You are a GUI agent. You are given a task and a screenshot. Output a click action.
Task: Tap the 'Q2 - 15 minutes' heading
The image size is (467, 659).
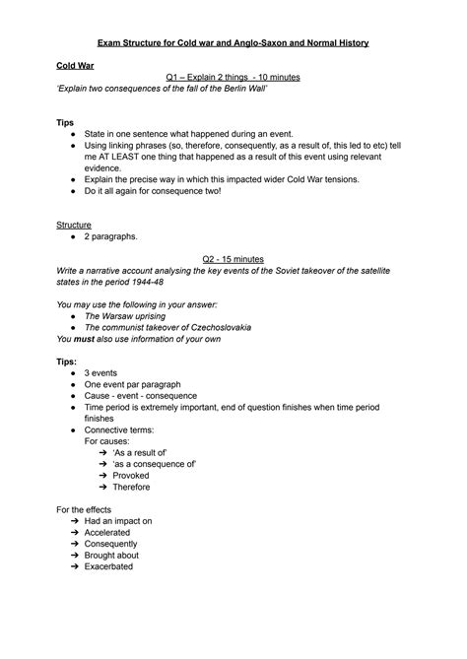pos(233,259)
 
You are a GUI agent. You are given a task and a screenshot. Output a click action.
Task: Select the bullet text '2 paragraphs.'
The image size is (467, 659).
pos(113,237)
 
